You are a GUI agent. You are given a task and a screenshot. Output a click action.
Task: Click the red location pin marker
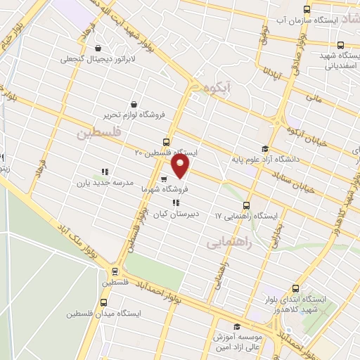tap(181, 167)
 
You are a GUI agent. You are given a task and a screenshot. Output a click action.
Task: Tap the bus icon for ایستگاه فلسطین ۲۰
tap(166, 141)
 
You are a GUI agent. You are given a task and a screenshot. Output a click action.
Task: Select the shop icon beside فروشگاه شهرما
tap(164, 179)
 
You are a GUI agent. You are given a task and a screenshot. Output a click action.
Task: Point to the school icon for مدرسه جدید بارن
tap(105, 172)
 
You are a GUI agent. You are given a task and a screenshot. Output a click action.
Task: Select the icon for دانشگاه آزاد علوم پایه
tap(264, 148)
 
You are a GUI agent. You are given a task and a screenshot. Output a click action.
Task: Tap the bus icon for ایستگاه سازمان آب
tap(306, 9)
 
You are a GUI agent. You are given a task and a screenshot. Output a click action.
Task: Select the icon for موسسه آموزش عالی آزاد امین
tap(237, 327)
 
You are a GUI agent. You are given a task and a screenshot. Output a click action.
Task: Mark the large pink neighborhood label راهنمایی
tap(231, 243)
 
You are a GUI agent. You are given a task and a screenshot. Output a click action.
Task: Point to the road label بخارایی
tap(279, 234)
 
